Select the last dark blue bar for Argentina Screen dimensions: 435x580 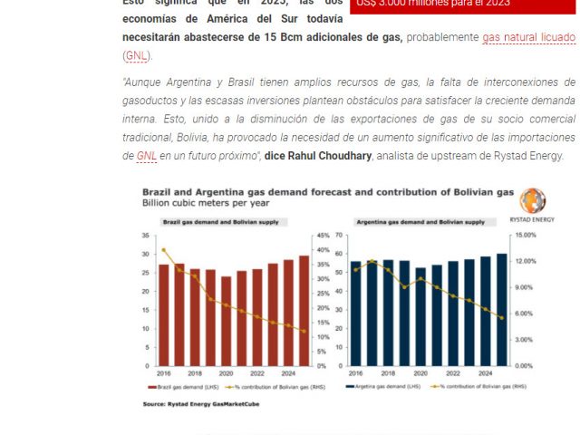click(502, 309)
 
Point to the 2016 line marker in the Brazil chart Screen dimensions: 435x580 click(164, 250)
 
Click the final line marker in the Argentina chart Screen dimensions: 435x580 click(502, 318)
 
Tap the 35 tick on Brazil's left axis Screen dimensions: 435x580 click(146, 235)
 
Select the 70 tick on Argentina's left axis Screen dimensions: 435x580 click(340, 235)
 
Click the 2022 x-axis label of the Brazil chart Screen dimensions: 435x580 click(256, 372)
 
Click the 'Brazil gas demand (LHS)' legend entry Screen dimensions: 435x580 click(187, 386)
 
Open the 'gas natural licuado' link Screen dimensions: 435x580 click(528, 37)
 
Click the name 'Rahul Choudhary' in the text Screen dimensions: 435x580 click(336, 155)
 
